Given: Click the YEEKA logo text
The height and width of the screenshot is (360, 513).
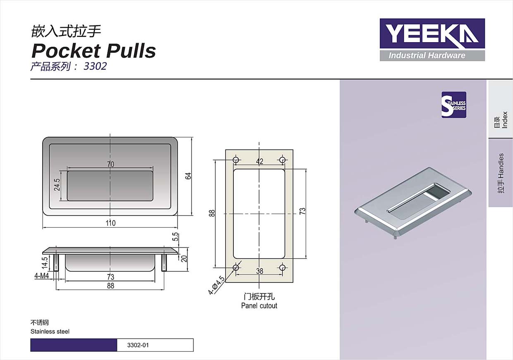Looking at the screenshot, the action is [432, 33].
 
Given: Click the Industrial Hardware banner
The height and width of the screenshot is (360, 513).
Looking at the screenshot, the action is [432, 56].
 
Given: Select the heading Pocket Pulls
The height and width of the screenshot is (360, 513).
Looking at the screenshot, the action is [93, 50].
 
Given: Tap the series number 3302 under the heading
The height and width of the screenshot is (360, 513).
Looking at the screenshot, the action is [95, 67].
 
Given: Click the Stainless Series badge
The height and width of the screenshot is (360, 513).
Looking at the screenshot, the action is [454, 105].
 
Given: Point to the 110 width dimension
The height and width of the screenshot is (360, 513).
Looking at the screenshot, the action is [110, 223].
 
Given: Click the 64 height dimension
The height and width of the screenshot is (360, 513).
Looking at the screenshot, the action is [188, 176].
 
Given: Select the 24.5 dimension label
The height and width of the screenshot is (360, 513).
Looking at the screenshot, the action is [57, 185].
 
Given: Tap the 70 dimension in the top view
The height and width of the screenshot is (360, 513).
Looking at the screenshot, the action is [110, 164].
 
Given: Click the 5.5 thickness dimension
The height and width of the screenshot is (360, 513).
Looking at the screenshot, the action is [175, 237].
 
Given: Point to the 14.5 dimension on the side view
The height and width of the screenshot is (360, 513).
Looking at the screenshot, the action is [45, 263].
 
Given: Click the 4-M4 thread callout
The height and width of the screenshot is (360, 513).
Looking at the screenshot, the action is [42, 276].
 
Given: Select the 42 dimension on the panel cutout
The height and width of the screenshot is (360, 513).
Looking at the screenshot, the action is [259, 161].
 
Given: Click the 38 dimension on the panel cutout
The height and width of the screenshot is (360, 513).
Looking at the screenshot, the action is [259, 271].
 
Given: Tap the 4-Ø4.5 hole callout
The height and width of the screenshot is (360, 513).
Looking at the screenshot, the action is [216, 285].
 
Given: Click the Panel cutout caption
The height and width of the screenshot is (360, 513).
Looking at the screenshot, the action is [259, 306].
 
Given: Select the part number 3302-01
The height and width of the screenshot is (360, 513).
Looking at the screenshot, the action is [138, 345].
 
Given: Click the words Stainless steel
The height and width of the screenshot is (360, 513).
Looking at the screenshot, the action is [50, 331].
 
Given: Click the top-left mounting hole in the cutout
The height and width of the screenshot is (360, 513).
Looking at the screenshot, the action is [236, 160].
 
